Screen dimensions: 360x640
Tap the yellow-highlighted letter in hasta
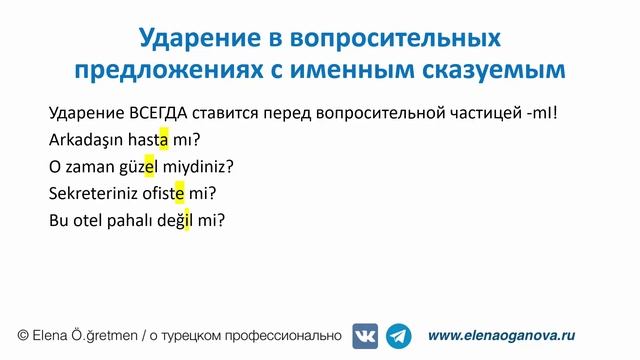(x=163, y=139)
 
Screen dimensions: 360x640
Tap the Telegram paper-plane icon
(x=399, y=336)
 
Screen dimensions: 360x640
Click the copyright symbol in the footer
(x=23, y=336)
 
